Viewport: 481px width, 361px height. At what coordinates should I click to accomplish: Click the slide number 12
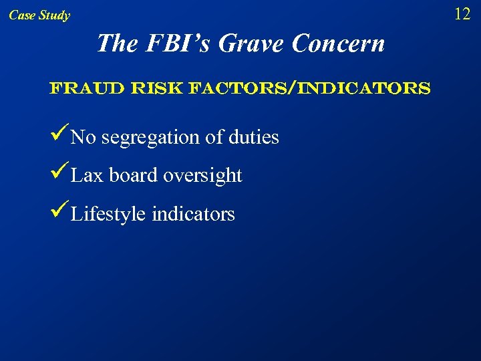pyautogui.click(x=462, y=13)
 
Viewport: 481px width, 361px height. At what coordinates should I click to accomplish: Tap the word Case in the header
pyautogui.click(x=22, y=15)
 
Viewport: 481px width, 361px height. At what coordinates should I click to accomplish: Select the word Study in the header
pyautogui.click(x=54, y=15)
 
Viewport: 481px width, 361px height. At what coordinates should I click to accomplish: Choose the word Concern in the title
pyautogui.click(x=339, y=43)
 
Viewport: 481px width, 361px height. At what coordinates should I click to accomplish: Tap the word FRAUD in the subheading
pyautogui.click(x=78, y=88)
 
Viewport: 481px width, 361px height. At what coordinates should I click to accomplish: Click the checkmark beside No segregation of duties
pyautogui.click(x=59, y=136)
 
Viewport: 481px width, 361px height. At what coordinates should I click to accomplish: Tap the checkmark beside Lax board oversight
pyautogui.click(x=59, y=174)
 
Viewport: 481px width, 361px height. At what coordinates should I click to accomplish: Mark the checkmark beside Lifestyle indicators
pyautogui.click(x=59, y=213)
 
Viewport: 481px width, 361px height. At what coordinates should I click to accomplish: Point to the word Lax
pyautogui.click(x=87, y=175)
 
